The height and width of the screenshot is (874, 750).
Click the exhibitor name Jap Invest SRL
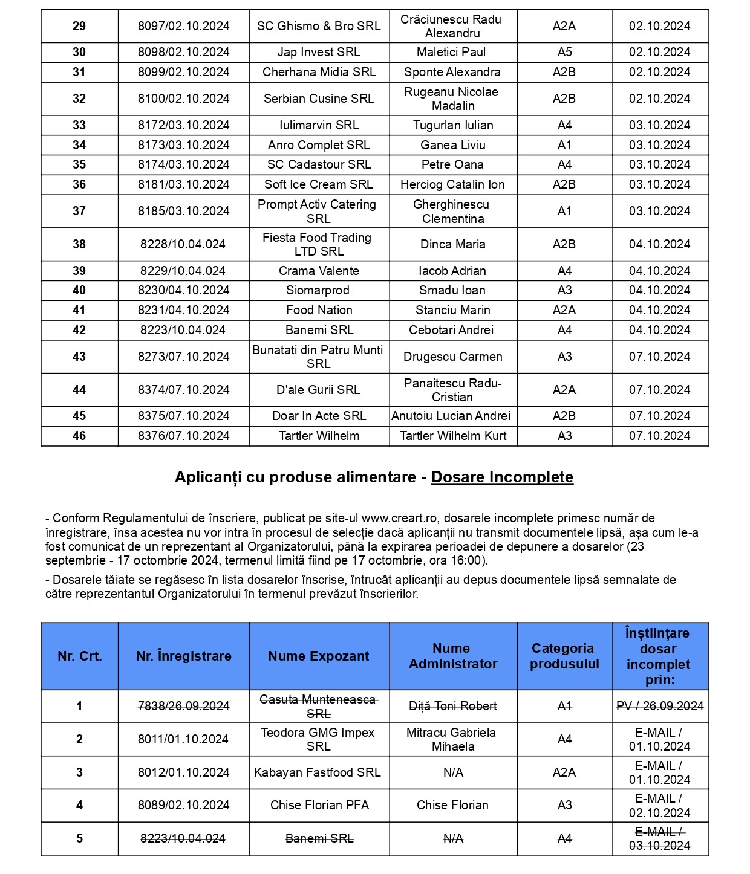click(319, 52)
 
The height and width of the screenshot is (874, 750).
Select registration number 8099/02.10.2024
click(183, 72)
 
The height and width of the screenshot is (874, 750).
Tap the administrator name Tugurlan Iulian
click(453, 125)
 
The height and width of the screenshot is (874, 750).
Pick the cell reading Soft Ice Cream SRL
click(319, 184)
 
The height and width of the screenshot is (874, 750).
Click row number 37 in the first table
click(79, 211)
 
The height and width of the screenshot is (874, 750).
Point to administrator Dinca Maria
click(453, 244)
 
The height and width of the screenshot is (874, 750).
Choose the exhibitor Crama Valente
click(319, 271)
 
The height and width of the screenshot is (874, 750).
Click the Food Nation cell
click(319, 310)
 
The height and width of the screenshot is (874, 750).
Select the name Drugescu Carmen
click(453, 357)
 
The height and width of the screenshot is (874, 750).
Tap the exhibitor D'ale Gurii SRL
click(318, 390)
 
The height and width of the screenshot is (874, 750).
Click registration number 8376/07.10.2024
click(183, 436)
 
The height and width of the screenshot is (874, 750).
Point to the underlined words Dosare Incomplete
click(502, 477)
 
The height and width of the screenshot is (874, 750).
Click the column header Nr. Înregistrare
click(184, 656)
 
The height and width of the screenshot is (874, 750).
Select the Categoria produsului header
click(564, 656)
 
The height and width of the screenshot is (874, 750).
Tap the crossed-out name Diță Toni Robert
click(453, 706)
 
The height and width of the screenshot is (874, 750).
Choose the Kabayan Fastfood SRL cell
click(318, 772)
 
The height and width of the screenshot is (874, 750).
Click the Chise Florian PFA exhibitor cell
click(319, 805)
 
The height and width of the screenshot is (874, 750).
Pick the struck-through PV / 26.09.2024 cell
click(660, 706)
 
